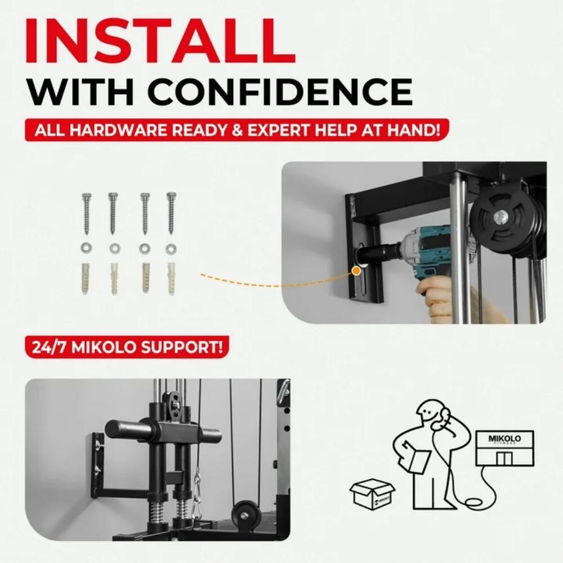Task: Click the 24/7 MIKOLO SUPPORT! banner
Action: (127, 346)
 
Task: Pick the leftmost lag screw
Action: (87, 213)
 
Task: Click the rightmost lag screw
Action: (171, 213)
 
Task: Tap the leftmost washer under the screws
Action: (87, 248)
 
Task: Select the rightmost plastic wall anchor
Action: (171, 278)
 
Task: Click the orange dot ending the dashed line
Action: (356, 271)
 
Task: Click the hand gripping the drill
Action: (436, 298)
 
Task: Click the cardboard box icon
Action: (372, 494)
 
